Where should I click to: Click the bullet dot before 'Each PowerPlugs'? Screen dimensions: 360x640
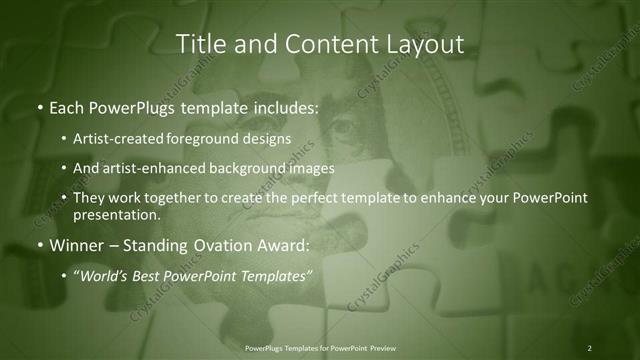click(x=39, y=105)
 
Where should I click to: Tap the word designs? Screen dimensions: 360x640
click(x=270, y=138)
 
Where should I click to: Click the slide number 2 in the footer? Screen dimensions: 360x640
click(x=589, y=347)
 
